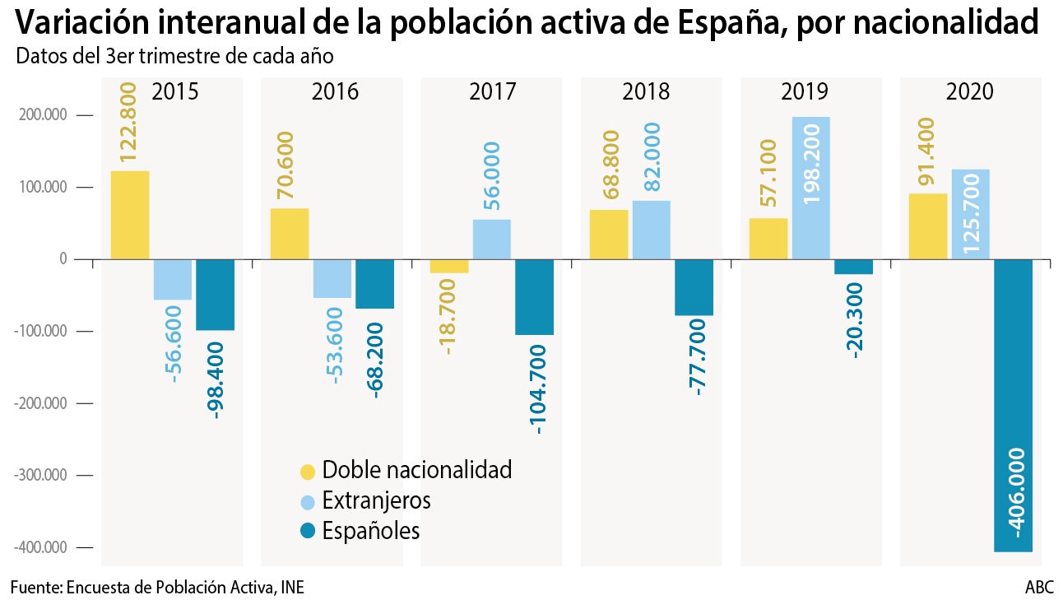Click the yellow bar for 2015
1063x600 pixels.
click(x=130, y=215)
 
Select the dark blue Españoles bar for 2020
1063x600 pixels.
click(x=1013, y=405)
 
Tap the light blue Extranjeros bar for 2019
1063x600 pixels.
click(x=810, y=188)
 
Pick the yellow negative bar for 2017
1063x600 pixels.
click(x=449, y=266)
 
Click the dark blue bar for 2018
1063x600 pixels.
click(x=694, y=287)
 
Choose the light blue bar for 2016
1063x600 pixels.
click(x=332, y=279)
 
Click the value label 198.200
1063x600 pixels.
click(x=810, y=163)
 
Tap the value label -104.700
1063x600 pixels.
click(x=536, y=388)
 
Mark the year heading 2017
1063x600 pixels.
click(x=492, y=91)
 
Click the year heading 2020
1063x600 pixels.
click(x=971, y=91)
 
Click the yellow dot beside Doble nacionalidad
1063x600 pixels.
click(x=307, y=471)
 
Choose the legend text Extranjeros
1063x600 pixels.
click(x=376, y=500)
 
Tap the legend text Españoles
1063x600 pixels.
click(x=370, y=531)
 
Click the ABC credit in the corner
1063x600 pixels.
click(x=1039, y=588)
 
